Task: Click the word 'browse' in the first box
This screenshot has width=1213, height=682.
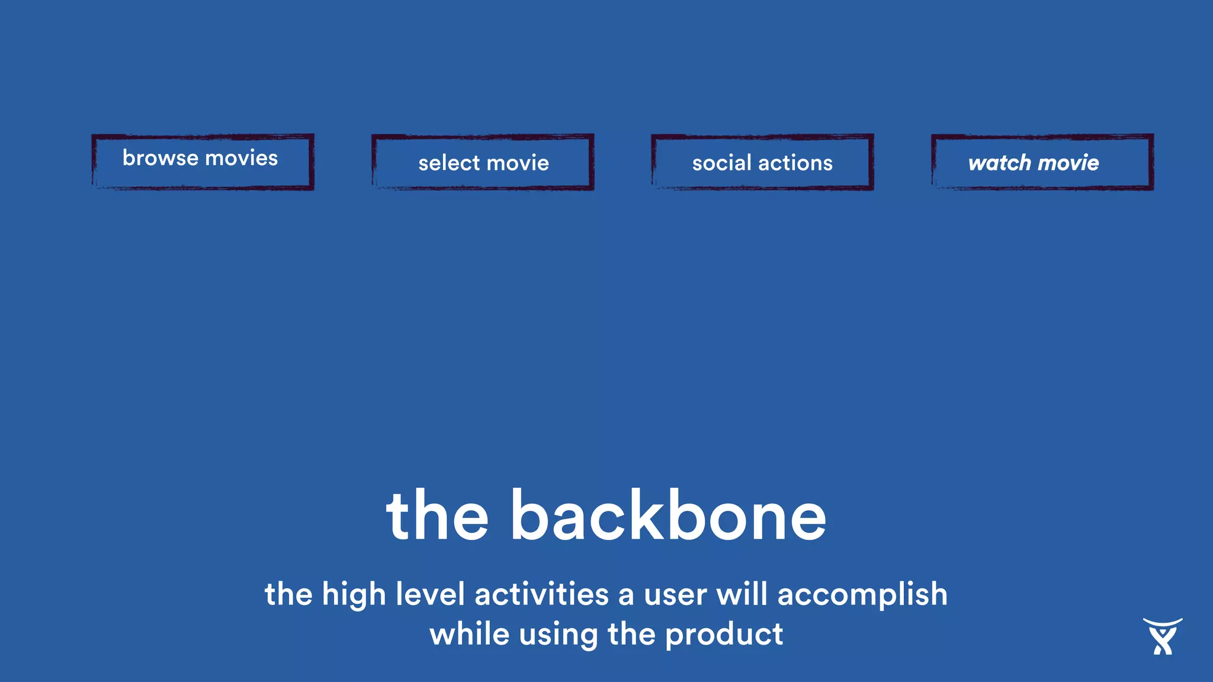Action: pos(160,158)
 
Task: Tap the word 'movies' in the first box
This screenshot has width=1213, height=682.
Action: pos(241,158)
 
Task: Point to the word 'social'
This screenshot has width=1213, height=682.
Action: pos(721,163)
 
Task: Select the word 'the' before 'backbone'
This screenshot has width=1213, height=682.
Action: pos(437,516)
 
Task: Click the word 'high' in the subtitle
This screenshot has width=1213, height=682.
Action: pos(354,594)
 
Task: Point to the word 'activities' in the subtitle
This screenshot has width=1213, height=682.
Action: pos(541,594)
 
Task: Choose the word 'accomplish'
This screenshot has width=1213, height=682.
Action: pos(862,594)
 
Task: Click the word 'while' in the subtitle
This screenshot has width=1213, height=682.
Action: pos(469,634)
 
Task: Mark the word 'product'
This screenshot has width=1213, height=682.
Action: pos(724,635)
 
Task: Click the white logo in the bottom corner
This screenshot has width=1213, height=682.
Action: pos(1162,636)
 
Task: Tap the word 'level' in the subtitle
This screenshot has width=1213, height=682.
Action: pos(429,594)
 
